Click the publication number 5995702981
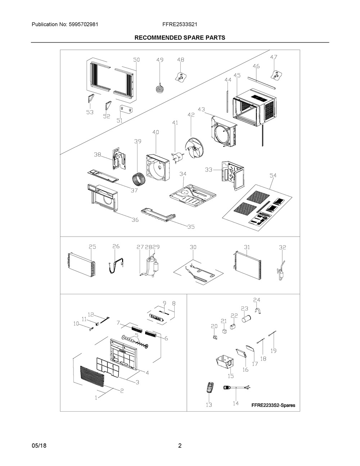click(x=84, y=24)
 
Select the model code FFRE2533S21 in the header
click(x=180, y=24)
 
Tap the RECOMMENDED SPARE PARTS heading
click(x=180, y=38)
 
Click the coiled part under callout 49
click(x=159, y=89)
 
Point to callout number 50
click(x=136, y=60)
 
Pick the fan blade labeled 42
click(x=194, y=148)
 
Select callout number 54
click(x=273, y=176)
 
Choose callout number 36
click(x=135, y=220)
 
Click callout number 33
click(x=208, y=170)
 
